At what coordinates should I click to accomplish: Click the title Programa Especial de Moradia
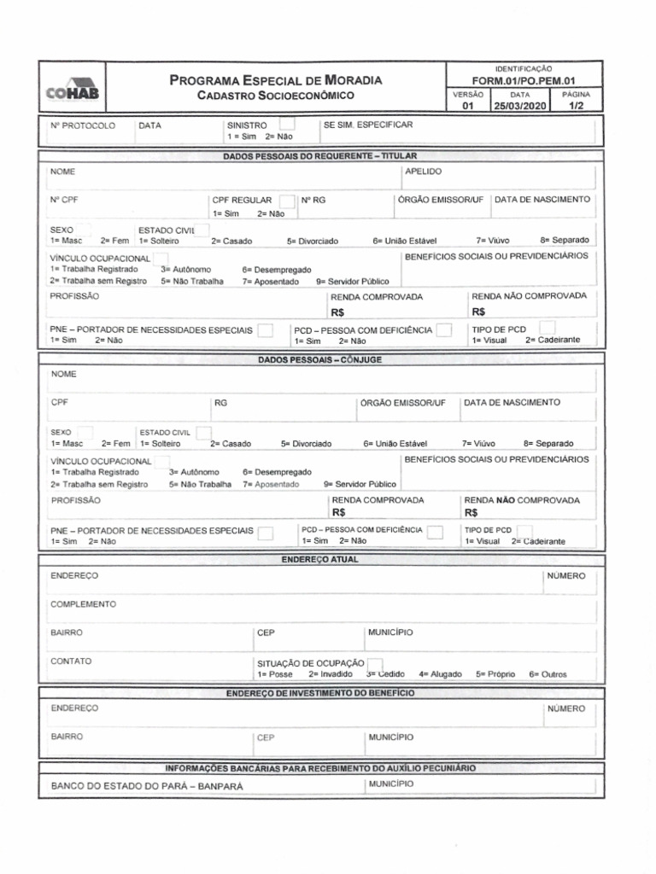[x=276, y=80]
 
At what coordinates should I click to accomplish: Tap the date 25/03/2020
[x=519, y=107]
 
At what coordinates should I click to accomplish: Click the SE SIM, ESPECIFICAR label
[x=368, y=125]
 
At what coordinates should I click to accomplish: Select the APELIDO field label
[x=423, y=172]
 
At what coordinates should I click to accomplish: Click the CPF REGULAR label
[x=241, y=199]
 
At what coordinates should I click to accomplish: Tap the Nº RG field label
[x=313, y=199]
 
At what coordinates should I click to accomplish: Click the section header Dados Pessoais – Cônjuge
[x=319, y=359]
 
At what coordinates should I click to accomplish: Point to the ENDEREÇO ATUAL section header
[x=319, y=560]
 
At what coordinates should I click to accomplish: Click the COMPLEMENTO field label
[x=83, y=604]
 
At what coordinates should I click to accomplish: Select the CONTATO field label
[x=71, y=661]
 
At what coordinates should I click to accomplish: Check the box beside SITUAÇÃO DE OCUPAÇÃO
[x=375, y=664]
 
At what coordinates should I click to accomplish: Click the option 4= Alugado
[x=440, y=674]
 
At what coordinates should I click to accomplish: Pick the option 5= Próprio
[x=495, y=674]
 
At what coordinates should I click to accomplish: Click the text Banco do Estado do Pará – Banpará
[x=147, y=786]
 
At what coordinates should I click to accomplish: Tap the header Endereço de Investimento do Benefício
[x=319, y=693]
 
